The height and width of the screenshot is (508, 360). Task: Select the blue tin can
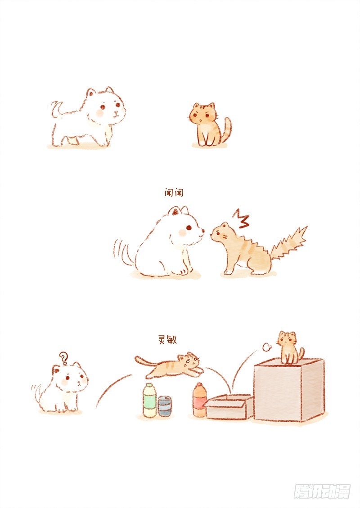tap(165, 406)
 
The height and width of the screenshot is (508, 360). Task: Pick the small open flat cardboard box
tap(229, 406)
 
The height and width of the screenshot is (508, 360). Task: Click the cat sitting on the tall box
tap(291, 348)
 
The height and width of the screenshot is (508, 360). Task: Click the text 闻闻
tap(174, 193)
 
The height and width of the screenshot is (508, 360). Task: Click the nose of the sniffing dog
tap(203, 232)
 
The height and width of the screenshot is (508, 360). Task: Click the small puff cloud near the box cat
tap(266, 348)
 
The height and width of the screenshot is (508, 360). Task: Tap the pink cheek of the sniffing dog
tap(183, 232)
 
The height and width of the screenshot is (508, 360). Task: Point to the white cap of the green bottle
tap(149, 385)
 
